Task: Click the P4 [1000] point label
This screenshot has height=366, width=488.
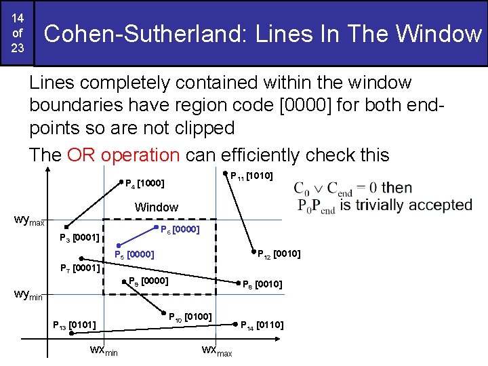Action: [x=145, y=183]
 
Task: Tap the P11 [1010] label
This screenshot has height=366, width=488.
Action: [x=251, y=176]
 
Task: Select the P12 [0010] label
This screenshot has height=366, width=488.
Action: [x=279, y=254]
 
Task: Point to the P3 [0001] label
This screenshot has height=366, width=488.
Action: [x=79, y=238]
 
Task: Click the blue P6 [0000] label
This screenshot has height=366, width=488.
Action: [x=180, y=230]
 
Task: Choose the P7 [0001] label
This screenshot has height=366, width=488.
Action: [x=79, y=268]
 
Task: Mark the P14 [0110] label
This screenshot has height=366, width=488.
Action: [x=262, y=325]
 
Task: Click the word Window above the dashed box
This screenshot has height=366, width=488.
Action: [x=157, y=207]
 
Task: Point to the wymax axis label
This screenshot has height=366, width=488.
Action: [x=30, y=220]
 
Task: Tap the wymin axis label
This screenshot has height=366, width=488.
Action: [x=28, y=295]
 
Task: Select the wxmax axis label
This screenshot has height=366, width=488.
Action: [x=217, y=351]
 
